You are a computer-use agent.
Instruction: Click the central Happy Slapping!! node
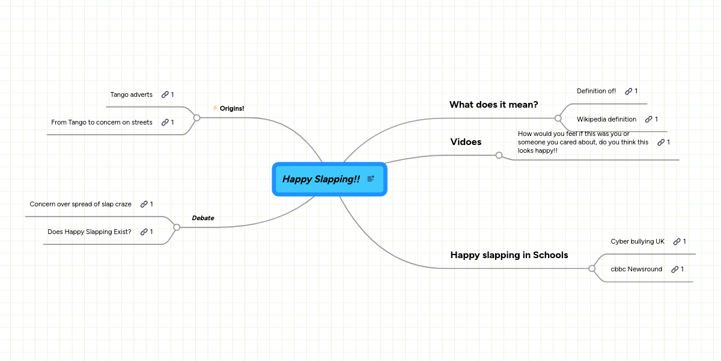click(x=321, y=179)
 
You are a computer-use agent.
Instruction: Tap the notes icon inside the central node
click(x=371, y=179)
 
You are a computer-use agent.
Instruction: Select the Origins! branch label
click(x=232, y=108)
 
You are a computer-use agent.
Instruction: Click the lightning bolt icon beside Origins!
click(x=214, y=108)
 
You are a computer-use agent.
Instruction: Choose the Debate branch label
click(x=202, y=218)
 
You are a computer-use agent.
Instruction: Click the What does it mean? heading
click(x=493, y=105)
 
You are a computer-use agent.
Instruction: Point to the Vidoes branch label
click(x=466, y=142)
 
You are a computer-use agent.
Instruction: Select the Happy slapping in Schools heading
click(x=509, y=255)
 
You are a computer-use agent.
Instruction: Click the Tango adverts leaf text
click(x=131, y=94)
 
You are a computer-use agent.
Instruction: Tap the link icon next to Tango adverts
click(x=165, y=94)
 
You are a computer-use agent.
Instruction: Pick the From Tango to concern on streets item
click(x=102, y=122)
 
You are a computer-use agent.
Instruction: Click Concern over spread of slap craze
click(x=81, y=204)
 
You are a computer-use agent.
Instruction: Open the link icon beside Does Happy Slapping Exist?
click(x=144, y=232)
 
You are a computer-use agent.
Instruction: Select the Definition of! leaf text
click(x=596, y=91)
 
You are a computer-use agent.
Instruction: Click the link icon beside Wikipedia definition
click(x=648, y=119)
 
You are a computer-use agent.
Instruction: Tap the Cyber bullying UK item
click(x=637, y=241)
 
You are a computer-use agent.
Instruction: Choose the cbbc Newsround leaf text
click(x=636, y=269)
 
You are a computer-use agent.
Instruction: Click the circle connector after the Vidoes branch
click(x=499, y=155)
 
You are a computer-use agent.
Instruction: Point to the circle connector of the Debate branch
click(x=177, y=227)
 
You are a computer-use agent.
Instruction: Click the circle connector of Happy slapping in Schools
click(x=592, y=268)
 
